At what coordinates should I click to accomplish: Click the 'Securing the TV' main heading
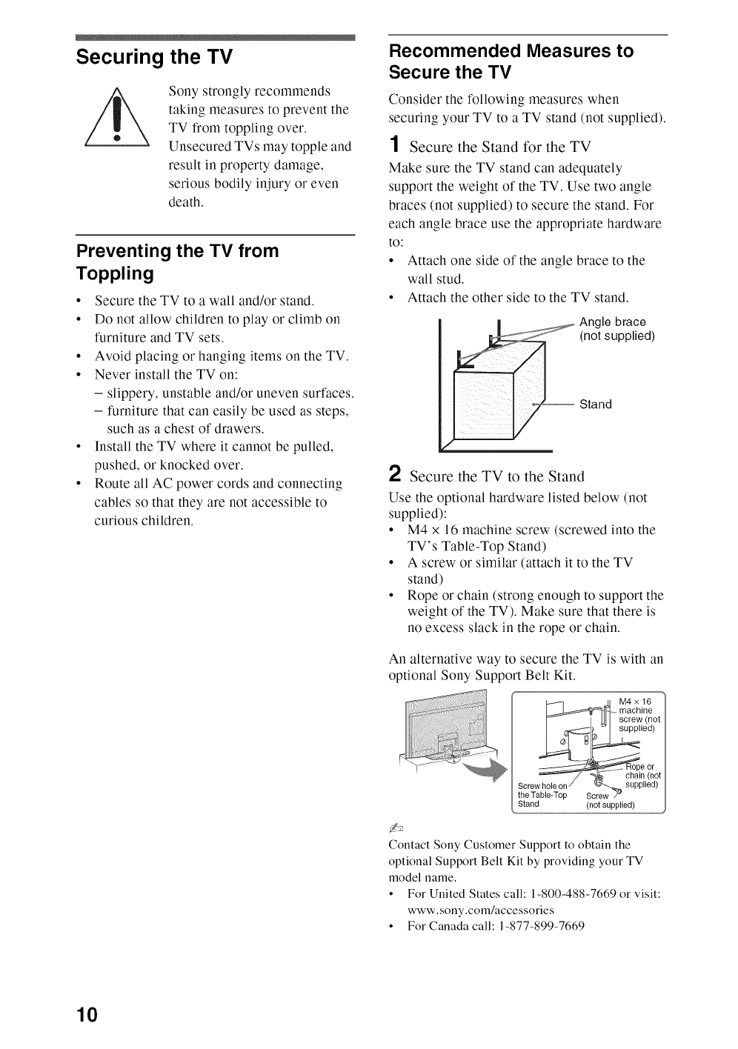coord(155,57)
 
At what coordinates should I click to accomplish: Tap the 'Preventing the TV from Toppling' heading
coord(178,262)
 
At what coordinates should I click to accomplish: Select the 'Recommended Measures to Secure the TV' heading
coord(511,61)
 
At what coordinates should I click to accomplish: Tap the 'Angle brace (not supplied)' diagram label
coord(616,329)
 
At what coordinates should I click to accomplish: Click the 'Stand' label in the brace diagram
coord(596,404)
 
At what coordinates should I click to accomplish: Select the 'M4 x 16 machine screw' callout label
coord(639,714)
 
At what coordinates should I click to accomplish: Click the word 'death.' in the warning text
coord(185,202)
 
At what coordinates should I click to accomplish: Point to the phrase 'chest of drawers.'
coord(213,429)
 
